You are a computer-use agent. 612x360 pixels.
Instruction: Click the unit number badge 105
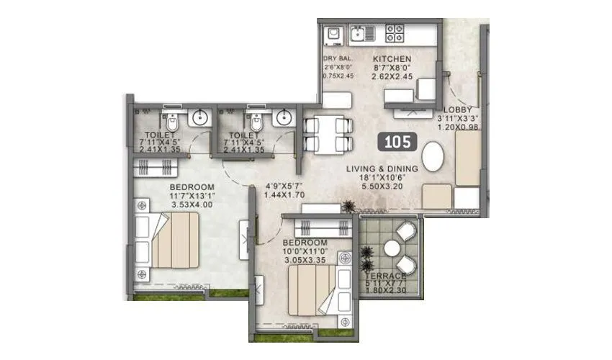[398, 140]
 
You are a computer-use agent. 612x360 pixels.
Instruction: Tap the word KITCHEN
[392, 59]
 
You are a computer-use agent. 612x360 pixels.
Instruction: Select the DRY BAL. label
[339, 59]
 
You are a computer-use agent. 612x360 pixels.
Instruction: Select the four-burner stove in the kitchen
[395, 32]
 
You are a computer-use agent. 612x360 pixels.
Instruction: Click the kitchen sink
[361, 32]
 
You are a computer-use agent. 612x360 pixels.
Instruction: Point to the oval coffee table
[433, 157]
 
